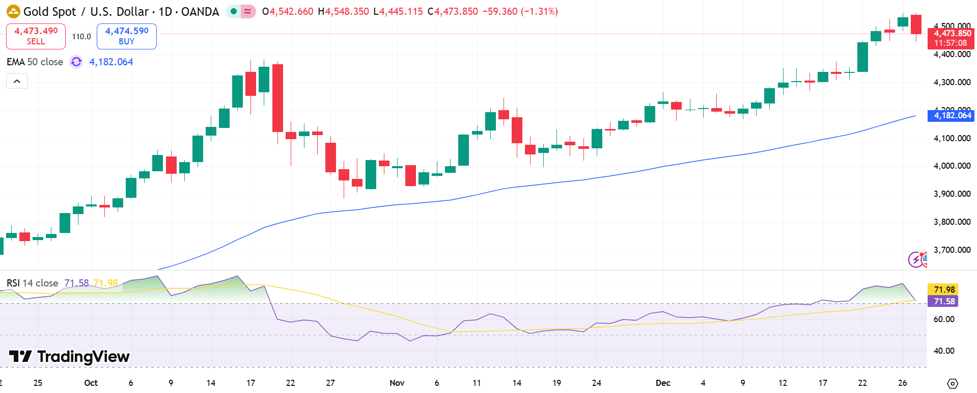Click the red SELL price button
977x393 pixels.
[36, 36]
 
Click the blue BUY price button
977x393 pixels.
[126, 36]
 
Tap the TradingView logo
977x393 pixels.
[69, 356]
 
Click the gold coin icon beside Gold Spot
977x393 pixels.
[13, 11]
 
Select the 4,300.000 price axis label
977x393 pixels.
[952, 82]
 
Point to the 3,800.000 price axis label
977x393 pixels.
[952, 222]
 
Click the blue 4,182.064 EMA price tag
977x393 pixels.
[952, 115]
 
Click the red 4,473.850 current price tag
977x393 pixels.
[951, 38]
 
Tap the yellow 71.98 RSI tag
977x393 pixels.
[943, 290]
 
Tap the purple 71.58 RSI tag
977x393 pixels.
[943, 301]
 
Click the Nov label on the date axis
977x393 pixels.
[397, 383]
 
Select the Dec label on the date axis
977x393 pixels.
[663, 383]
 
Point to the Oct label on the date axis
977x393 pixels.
[91, 383]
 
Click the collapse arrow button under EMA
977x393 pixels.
[17, 81]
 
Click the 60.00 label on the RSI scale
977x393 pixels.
[944, 319]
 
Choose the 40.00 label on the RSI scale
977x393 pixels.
[944, 351]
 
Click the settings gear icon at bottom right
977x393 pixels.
[953, 383]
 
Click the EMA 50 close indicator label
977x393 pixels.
[35, 62]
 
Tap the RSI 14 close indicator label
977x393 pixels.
[32, 283]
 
